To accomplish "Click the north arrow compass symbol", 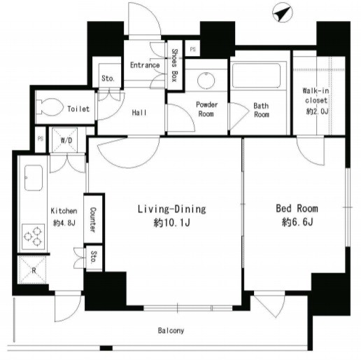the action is pyautogui.click(x=283, y=13).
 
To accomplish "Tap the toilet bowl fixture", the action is pyautogui.click(x=50, y=107).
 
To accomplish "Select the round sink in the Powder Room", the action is pyautogui.click(x=206, y=81).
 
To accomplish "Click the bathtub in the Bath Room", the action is pyautogui.click(x=256, y=75).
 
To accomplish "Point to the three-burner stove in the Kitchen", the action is pyautogui.click(x=33, y=237).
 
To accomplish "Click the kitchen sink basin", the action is pyautogui.click(x=34, y=178).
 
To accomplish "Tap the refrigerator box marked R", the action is pyautogui.click(x=32, y=270).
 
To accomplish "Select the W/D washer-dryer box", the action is pyautogui.click(x=64, y=139).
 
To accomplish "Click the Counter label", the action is pyautogui.click(x=93, y=220).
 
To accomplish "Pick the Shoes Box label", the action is pyautogui.click(x=175, y=65).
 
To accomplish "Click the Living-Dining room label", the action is pyautogui.click(x=172, y=209).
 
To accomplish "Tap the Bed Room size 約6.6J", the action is pyautogui.click(x=297, y=222).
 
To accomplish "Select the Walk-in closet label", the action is pyautogui.click(x=316, y=95).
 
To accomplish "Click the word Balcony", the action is pyautogui.click(x=171, y=331).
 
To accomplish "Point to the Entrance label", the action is pyautogui.click(x=145, y=65).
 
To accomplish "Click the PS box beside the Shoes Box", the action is pyautogui.click(x=192, y=49).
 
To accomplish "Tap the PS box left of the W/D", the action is pyautogui.click(x=41, y=139).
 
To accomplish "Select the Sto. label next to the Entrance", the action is pyautogui.click(x=108, y=78).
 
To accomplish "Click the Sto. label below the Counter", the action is pyautogui.click(x=94, y=257).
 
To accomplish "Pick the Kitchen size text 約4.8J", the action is pyautogui.click(x=64, y=223).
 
